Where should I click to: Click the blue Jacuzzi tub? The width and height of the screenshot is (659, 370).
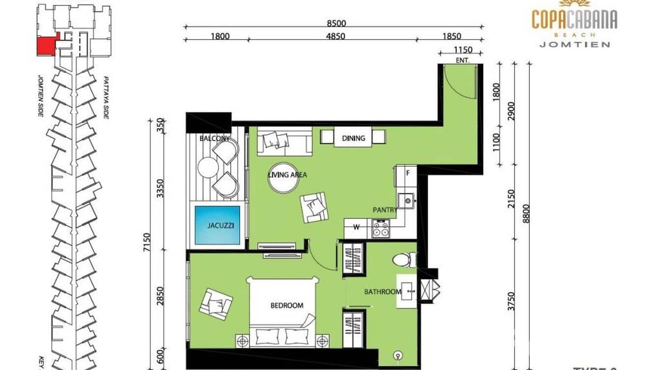(217, 225)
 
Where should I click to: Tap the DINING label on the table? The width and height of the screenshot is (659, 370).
(353, 138)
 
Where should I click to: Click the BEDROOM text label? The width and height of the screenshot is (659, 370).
(287, 305)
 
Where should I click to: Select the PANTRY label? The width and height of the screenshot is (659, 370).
(384, 210)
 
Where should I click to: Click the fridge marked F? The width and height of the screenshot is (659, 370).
(408, 173)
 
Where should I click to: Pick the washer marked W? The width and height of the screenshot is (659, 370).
(357, 227)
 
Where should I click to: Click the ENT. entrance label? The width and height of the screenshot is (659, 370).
(463, 61)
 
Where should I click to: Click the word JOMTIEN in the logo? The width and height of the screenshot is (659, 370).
(575, 44)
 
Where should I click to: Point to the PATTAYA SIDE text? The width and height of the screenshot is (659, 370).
(106, 98)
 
